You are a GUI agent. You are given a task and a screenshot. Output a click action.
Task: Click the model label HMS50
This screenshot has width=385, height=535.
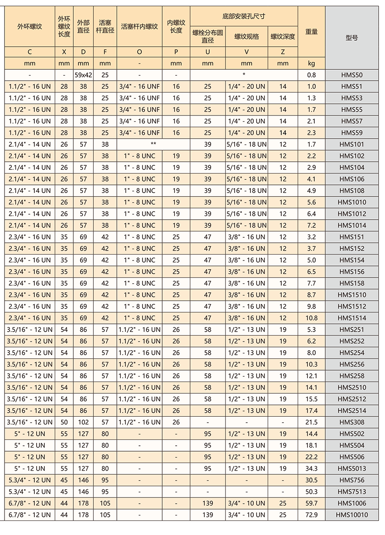(351, 75)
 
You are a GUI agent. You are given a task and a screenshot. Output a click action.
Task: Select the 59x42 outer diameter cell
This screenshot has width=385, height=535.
(83, 75)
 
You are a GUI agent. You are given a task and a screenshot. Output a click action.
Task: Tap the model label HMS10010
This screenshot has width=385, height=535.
(351, 515)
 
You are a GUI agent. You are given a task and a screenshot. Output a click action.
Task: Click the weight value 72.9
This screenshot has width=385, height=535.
(311, 515)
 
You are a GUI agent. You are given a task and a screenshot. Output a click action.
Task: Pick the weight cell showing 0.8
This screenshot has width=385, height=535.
(311, 75)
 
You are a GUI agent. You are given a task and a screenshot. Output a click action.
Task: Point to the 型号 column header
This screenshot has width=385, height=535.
(351, 38)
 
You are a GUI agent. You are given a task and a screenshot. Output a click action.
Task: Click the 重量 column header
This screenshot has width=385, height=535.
(311, 32)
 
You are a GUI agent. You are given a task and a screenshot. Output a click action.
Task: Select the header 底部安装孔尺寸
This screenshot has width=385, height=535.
(244, 16)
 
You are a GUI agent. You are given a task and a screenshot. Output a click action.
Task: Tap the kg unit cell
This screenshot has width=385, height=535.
(311, 63)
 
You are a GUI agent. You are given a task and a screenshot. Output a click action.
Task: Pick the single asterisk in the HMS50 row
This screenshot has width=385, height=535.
(244, 75)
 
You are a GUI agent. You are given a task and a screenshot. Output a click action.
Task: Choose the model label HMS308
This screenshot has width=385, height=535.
(351, 422)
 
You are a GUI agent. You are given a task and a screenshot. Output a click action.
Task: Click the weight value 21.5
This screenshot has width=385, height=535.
(311, 422)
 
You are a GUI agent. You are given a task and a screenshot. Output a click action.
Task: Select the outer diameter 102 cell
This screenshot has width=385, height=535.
(83, 422)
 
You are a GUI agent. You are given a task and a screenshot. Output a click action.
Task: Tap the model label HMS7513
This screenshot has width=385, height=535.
(351, 492)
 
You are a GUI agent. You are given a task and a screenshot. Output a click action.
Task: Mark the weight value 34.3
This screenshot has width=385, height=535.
(311, 468)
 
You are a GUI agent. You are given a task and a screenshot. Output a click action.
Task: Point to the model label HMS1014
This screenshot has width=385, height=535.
(351, 225)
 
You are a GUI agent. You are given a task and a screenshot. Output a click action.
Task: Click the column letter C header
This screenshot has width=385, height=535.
(29, 52)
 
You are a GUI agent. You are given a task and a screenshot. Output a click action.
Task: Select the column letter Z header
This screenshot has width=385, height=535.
(283, 52)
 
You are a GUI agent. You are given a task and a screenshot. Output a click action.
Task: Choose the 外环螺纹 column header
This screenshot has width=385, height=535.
(29, 26)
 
